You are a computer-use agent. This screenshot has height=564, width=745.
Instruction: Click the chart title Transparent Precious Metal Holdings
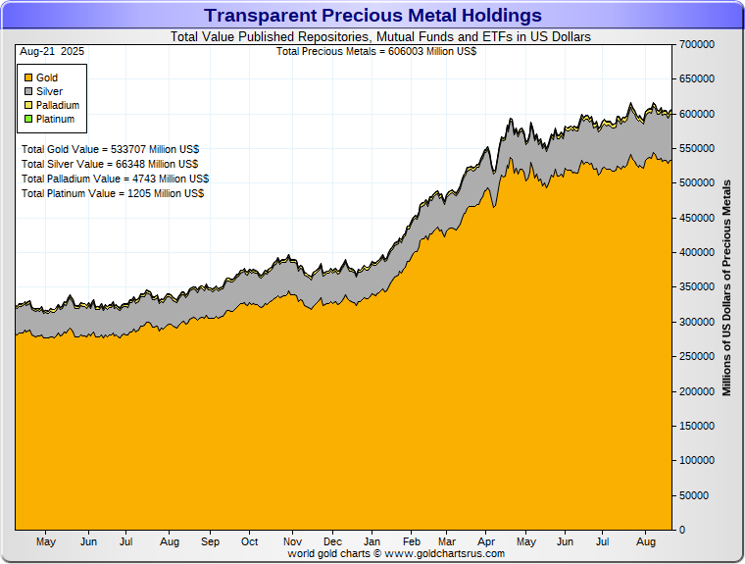coord(372,16)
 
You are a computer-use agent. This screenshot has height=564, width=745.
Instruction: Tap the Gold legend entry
coord(47,77)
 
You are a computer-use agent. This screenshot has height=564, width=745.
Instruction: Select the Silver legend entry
coord(49,91)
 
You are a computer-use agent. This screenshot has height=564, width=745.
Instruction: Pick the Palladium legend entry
coord(57,105)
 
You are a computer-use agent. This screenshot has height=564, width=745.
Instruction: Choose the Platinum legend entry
coord(55,119)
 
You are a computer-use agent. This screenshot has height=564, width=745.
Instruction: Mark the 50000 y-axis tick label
coord(695,495)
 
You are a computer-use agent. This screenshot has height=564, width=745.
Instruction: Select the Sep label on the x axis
coord(210,541)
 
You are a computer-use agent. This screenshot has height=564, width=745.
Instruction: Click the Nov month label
coord(291,541)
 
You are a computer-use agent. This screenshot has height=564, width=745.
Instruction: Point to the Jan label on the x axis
coord(372,541)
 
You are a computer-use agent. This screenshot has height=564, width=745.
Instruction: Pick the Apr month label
coord(486,541)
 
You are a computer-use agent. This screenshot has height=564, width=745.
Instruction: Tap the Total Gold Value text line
coord(109,149)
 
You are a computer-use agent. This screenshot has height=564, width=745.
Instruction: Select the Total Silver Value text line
coord(110,164)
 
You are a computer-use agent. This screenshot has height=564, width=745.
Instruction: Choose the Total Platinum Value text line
coord(113,193)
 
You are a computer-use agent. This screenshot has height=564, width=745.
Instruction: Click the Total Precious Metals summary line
coord(376,50)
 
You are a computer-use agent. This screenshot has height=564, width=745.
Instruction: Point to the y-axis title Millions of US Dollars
coord(726,287)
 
